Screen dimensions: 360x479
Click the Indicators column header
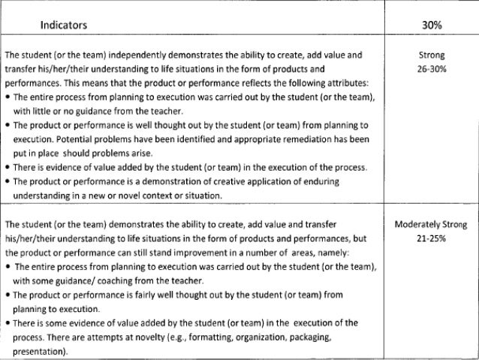pos(65,25)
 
